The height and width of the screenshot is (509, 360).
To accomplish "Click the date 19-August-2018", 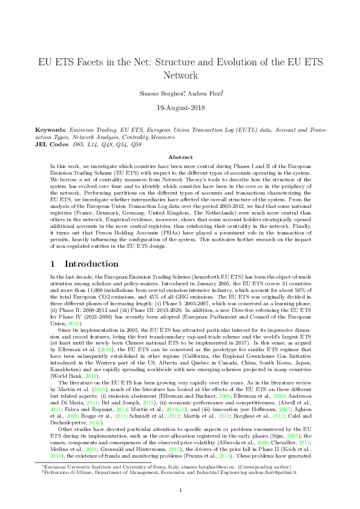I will coord(179,109).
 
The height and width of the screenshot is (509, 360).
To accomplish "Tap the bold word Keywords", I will coord(50,130).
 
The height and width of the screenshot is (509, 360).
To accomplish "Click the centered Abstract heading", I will coord(180,157).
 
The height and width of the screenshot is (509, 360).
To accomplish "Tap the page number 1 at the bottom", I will coord(180,489).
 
